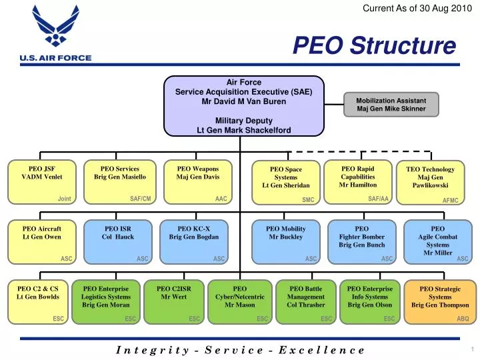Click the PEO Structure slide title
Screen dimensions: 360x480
375,47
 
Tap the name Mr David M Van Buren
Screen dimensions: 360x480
243,101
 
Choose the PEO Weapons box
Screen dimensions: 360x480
197,181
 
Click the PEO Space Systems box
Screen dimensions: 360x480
285,182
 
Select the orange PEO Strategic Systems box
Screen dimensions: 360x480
439,301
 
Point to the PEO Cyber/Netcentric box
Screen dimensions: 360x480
239,301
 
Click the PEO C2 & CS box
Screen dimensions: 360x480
38,301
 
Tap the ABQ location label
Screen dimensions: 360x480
463,319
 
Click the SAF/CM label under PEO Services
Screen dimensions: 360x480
140,199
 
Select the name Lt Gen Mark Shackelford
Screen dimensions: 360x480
243,130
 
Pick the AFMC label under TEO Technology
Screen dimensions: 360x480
451,199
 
